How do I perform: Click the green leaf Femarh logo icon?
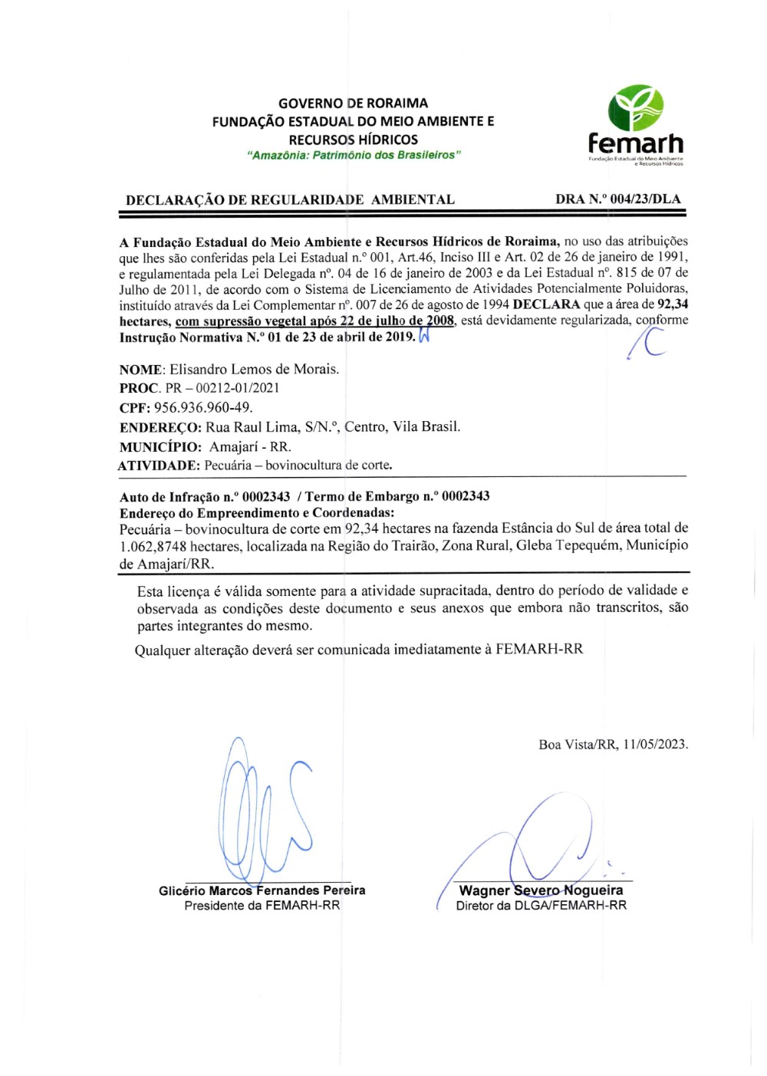[635, 108]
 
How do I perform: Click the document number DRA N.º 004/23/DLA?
[617, 199]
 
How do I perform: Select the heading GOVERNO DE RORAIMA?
[353, 103]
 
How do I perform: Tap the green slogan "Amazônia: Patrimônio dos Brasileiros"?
[354, 156]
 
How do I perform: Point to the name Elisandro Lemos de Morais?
[254, 369]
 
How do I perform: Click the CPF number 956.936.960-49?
[203, 407]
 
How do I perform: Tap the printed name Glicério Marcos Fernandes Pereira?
[262, 890]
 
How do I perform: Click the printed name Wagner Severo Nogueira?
[541, 890]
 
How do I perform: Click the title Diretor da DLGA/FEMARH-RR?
[541, 906]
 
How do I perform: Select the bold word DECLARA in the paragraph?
[546, 304]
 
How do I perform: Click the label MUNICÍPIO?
[160, 446]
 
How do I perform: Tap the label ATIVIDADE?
[159, 466]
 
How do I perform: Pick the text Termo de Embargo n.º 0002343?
[397, 496]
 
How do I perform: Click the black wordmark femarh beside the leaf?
[636, 143]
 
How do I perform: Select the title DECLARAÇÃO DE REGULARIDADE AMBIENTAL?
[290, 200]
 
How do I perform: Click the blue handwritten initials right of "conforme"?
[647, 343]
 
